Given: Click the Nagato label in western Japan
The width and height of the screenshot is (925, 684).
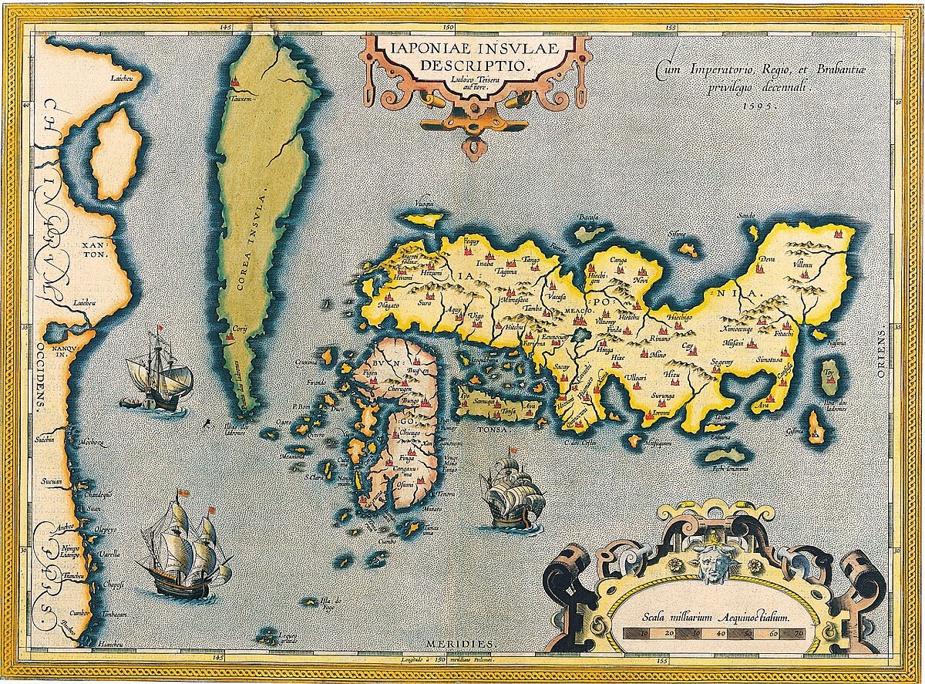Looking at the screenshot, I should (388, 305).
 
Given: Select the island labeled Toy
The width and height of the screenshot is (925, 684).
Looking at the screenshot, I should (830, 372).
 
